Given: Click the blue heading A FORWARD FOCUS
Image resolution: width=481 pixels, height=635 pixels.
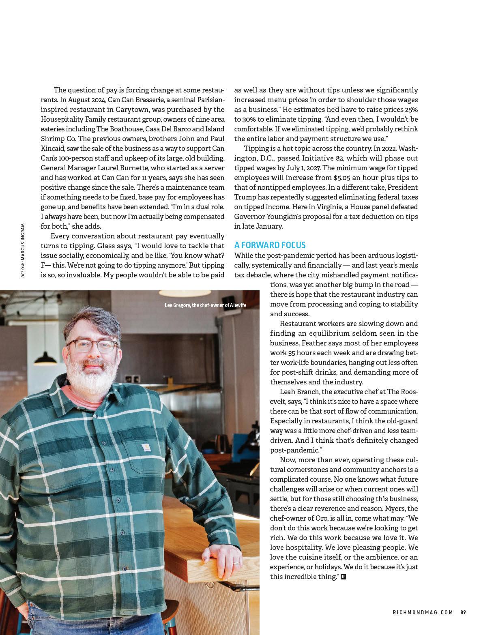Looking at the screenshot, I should pos(270,245).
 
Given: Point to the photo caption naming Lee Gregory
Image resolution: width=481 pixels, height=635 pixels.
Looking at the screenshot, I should pos(206,305).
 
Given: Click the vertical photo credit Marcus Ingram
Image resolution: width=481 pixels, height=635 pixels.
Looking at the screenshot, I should pos(23,250).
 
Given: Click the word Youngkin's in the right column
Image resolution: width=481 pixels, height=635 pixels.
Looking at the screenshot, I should pos(289,217).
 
